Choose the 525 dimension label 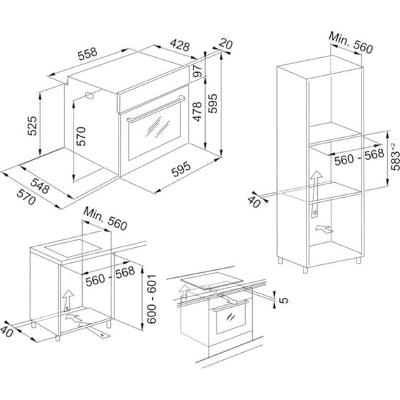point(31,126)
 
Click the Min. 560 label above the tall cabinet point(351,42)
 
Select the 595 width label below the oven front point(181,171)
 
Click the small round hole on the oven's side point(89,95)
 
